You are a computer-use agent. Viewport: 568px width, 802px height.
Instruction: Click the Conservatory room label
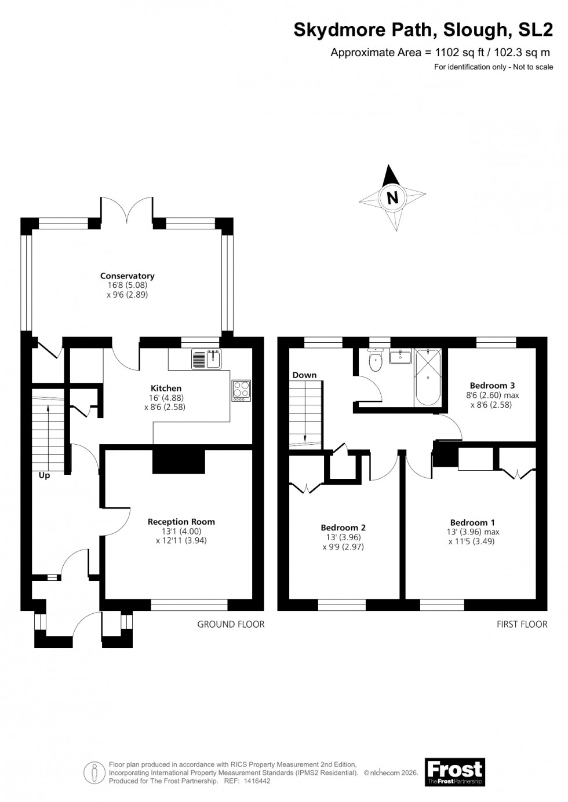127,276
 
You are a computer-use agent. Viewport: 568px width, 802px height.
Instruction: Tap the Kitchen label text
166,388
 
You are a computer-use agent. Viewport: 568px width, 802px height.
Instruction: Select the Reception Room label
181,521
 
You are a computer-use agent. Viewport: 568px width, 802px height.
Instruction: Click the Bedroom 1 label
472,522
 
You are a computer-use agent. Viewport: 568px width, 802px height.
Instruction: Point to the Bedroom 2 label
343,528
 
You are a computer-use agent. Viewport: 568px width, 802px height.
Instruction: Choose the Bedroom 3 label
492,385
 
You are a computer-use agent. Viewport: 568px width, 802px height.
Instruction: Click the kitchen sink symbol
205,360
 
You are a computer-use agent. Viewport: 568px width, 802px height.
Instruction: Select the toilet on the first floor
376,361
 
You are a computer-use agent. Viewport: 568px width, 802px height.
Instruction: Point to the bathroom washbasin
400,356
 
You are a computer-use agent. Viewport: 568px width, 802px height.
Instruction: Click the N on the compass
393,197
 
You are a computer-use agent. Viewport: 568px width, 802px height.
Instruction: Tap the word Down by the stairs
304,375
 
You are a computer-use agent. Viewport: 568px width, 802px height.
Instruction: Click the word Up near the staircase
44,475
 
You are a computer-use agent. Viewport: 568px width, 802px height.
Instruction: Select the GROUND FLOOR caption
231,624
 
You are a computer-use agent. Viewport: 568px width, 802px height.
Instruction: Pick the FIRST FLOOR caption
522,624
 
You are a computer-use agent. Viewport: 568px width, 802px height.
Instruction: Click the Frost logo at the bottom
454,772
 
